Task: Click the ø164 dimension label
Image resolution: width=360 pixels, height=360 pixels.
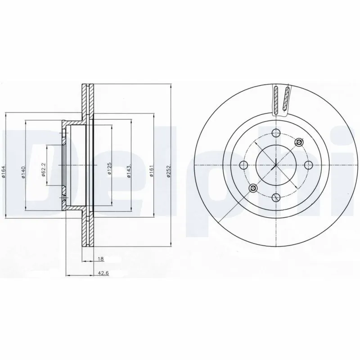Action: (4, 173)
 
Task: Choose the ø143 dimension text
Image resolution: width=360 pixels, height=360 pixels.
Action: (129, 171)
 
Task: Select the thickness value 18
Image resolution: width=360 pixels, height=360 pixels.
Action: (101, 259)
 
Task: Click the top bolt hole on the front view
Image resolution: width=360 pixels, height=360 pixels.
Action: (275, 132)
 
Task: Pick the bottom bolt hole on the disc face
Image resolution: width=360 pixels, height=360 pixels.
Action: (275, 197)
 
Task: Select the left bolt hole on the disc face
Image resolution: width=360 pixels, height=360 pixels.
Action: (243, 164)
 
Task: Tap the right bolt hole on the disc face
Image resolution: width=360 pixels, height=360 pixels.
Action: (308, 164)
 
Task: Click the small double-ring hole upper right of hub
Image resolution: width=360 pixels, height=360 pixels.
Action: (298, 143)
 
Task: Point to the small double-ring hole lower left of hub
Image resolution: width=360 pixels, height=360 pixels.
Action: (253, 187)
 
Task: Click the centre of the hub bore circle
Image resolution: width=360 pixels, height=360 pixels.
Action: (275, 164)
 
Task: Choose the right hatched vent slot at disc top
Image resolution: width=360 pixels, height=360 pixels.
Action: (285, 99)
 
